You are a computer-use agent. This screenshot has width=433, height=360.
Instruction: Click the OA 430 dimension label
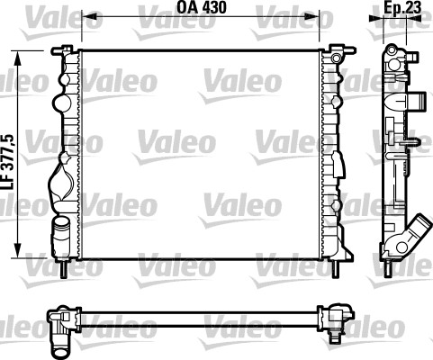coord(202,7)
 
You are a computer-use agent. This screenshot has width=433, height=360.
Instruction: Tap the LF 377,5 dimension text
coord(7,161)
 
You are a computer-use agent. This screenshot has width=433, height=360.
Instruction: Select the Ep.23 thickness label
coord(403,7)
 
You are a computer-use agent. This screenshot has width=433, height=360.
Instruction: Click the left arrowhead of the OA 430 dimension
coord(87,18)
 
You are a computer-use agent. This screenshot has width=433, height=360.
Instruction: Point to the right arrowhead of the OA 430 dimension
coord(313,18)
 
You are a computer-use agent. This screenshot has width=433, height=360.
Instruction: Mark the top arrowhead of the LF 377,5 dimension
coord(18,58)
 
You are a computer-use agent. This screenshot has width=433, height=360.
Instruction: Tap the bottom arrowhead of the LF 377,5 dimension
coord(18,251)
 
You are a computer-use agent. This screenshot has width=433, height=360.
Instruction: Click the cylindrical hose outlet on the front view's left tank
coord(60,237)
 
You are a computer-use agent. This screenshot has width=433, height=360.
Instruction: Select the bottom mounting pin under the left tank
coord(63,268)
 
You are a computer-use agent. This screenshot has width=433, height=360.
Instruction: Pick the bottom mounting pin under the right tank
coord(335,268)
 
